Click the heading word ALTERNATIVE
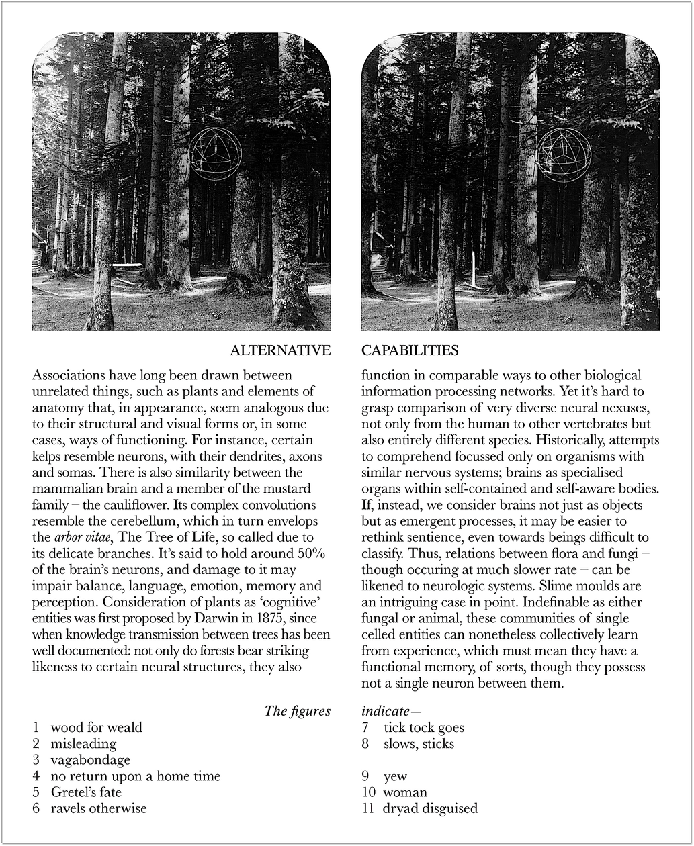pos(280,350)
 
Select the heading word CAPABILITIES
pos(410,350)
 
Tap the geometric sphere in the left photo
pos(215,154)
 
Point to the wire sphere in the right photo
pos(564,154)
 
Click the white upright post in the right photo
pos(476,268)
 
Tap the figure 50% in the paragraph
pos(310,554)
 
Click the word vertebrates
pos(616,424)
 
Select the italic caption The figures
pos(298,711)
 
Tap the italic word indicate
pos(385,711)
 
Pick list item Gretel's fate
pos(86,792)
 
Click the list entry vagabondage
pos(91,760)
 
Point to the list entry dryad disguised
pos(430,808)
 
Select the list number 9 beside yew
pos(367,776)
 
